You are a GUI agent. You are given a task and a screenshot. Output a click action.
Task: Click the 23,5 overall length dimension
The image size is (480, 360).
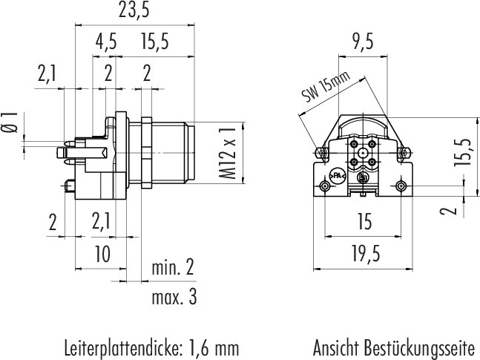(134, 10)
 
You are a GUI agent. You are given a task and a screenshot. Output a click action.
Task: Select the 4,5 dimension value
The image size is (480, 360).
(106, 42)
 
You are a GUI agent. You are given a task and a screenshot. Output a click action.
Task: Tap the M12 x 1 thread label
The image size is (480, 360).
(228, 153)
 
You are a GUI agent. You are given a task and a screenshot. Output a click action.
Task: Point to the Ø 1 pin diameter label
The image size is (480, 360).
(10, 122)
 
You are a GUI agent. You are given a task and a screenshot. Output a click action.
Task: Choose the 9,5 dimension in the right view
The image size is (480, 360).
(363, 42)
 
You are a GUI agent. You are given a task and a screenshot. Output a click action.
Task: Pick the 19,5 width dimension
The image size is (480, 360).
(366, 254)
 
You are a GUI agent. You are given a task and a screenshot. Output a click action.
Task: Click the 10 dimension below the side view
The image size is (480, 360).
(102, 255)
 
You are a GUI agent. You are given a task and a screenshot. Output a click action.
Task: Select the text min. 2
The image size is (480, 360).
(173, 267)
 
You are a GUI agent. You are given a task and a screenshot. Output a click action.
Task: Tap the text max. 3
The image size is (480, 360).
(174, 297)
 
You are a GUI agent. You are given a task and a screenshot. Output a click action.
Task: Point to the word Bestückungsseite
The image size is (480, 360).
(419, 348)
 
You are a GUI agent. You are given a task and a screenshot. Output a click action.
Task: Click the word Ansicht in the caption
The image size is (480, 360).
(335, 348)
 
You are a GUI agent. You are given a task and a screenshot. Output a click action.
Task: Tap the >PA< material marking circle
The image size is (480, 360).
(337, 176)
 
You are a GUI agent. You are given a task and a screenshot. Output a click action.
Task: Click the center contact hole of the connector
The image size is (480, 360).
(363, 153)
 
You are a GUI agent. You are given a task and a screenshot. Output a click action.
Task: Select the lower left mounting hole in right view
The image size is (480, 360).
(324, 186)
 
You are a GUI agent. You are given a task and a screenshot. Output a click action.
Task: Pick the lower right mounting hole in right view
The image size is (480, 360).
(401, 186)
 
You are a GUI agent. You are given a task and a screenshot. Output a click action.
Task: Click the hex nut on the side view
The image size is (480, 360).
(146, 152)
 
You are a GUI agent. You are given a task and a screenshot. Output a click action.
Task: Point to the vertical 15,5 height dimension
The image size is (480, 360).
(463, 153)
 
